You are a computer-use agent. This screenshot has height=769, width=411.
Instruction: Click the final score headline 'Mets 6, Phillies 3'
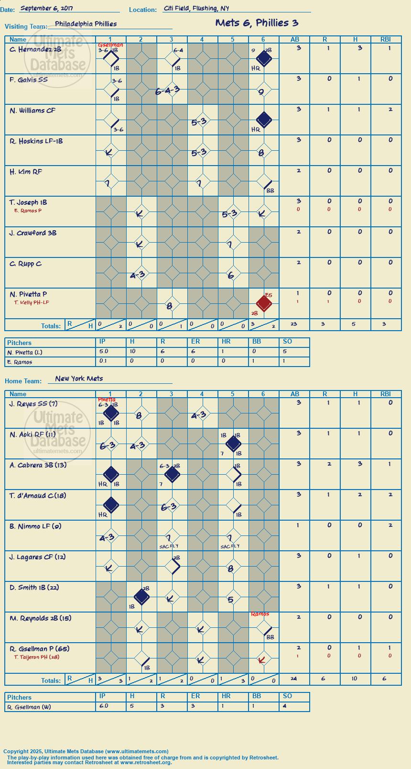point(257,23)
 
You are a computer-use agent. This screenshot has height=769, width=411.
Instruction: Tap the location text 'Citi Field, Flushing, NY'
point(196,8)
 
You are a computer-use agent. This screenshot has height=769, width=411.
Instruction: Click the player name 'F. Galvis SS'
point(29,80)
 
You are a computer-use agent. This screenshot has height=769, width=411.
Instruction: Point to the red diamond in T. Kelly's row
point(264,303)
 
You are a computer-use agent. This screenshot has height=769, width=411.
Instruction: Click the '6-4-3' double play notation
point(167,91)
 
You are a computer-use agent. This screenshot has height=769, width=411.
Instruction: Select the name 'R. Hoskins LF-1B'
point(36,141)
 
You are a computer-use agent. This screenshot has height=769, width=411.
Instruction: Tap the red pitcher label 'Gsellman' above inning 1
point(110,45)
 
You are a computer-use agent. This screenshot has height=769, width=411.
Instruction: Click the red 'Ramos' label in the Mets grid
point(260,614)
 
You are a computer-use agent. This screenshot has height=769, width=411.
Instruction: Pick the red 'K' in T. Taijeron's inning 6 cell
point(261,659)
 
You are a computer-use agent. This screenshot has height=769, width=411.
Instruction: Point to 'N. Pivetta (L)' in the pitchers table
point(25,353)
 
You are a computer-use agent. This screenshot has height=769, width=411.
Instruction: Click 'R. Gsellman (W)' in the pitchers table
point(29,707)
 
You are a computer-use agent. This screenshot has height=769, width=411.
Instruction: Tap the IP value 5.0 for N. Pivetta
point(104,351)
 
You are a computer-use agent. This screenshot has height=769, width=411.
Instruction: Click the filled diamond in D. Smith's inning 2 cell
point(141,597)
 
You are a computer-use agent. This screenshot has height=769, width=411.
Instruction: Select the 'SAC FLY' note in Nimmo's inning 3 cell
point(169,546)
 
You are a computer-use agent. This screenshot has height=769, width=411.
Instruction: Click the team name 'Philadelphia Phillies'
point(86,24)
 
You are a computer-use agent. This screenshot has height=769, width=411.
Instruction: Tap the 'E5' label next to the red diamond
point(269,295)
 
